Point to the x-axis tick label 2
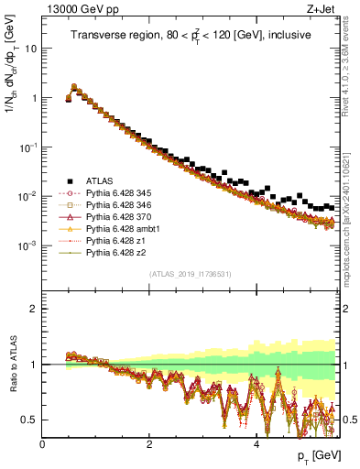pyautogui.click(x=149, y=444)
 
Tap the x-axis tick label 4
pyautogui.click(x=256, y=444)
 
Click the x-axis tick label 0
pyautogui.click(x=42, y=444)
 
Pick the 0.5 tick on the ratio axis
pyautogui.click(x=31, y=420)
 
